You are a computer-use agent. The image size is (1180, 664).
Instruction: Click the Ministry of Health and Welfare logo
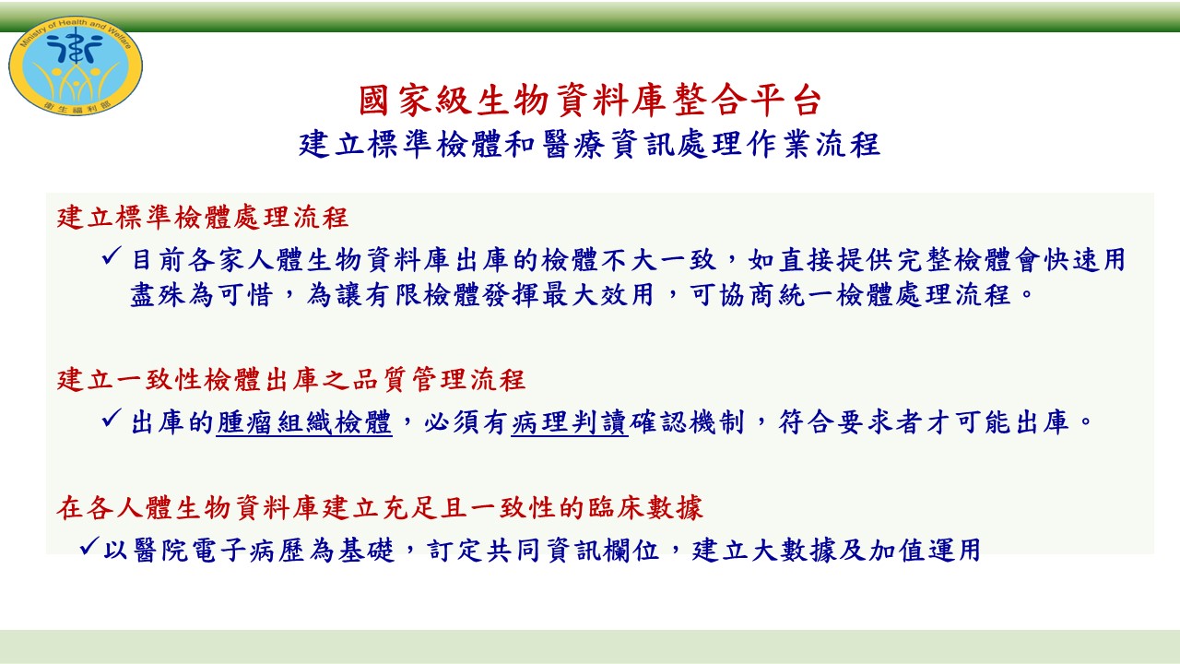coord(76,65)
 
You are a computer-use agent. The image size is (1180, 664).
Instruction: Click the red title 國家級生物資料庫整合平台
coord(590,101)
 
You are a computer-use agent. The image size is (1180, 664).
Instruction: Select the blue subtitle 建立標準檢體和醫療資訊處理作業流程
coord(589,145)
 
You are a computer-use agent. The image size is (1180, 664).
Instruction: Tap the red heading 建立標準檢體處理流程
coord(203,217)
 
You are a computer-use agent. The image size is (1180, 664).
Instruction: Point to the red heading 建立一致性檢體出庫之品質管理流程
coord(291,379)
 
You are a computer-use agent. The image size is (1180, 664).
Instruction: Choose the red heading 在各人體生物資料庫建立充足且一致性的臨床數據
coord(380,507)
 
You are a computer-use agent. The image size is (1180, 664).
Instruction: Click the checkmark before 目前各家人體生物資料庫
coord(112,256)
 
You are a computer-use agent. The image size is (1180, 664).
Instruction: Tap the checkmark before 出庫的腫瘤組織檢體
coord(112,419)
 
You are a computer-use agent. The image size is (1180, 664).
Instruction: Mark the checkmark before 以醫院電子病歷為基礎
coord(89,546)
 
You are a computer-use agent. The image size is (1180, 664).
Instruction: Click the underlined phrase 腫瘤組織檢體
coord(304,422)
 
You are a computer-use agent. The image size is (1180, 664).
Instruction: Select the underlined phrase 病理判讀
coord(570,422)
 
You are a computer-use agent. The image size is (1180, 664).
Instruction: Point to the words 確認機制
coord(687,422)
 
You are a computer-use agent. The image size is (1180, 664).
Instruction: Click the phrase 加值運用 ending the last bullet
coord(924,551)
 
